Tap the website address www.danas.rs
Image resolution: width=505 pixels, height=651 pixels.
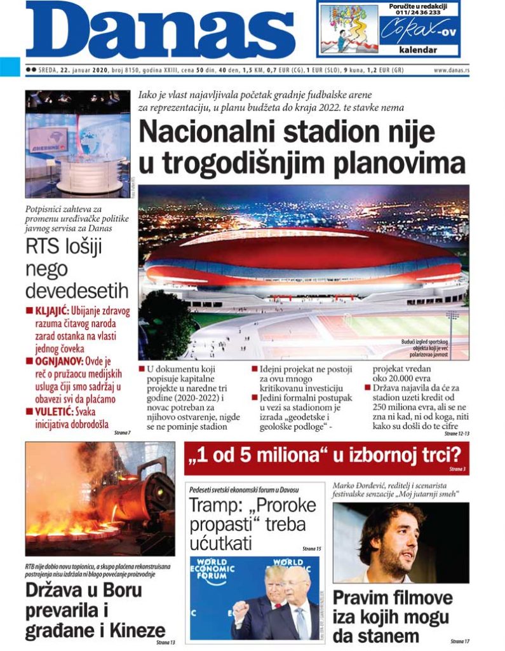coord(452,70)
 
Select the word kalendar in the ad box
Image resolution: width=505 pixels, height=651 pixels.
coord(417,50)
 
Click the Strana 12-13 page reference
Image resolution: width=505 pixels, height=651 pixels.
coord(455,433)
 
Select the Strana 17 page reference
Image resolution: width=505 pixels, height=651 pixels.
coord(461,641)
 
